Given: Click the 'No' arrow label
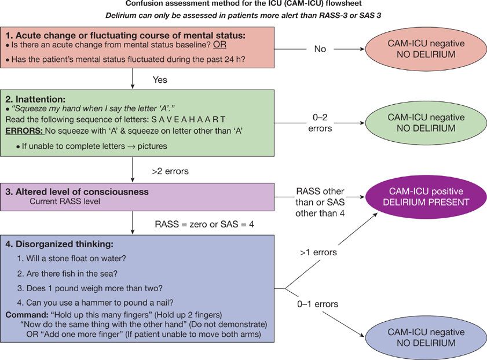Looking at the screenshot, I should pyautogui.click(x=320, y=49).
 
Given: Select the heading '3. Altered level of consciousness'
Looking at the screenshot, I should pyautogui.click(x=77, y=192).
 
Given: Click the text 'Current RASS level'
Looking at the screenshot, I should pyautogui.click(x=65, y=201).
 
